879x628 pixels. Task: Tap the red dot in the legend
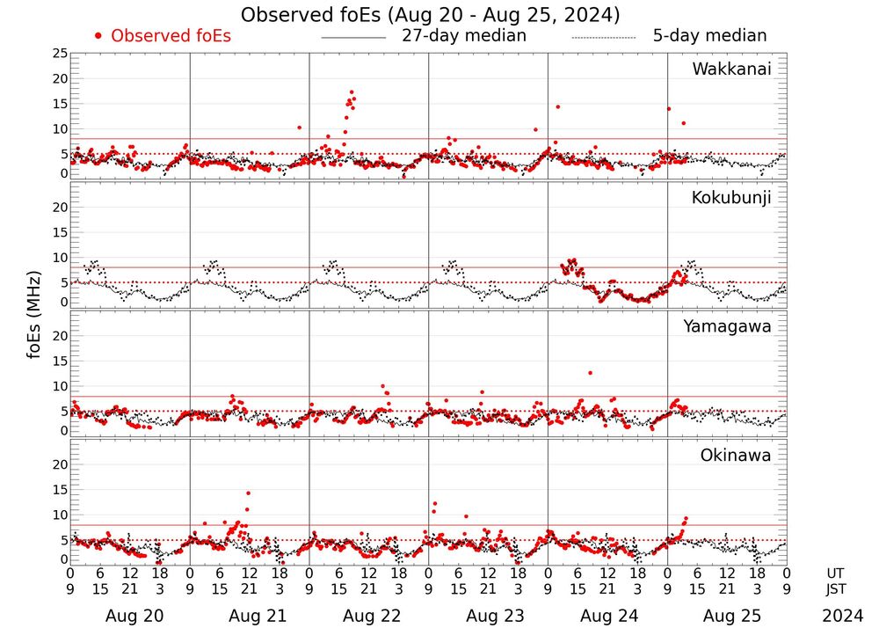click(x=98, y=36)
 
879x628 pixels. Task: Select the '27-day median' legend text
click(x=463, y=36)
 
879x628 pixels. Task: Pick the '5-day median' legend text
click(x=709, y=36)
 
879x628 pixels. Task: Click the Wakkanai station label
click(x=731, y=69)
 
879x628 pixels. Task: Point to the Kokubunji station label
click(x=731, y=198)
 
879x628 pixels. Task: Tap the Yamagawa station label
click(x=728, y=326)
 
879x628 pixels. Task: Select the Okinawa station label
click(x=736, y=456)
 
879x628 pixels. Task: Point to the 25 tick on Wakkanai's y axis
click(x=60, y=54)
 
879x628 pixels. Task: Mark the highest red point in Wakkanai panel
click(x=352, y=91)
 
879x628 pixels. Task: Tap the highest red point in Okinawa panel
click(x=249, y=493)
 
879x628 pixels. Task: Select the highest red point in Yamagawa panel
click(x=590, y=373)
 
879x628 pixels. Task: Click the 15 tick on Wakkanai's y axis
click(x=60, y=104)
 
